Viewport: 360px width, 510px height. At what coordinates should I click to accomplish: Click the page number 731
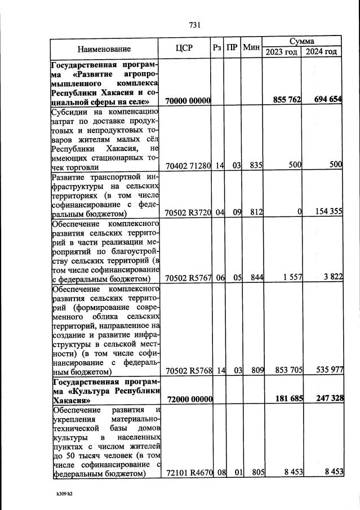[x=195, y=25]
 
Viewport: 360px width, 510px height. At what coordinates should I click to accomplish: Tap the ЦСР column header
[x=184, y=48]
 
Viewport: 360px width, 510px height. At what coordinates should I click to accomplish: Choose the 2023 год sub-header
[x=282, y=52]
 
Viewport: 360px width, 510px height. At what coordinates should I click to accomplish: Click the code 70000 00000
[x=188, y=101]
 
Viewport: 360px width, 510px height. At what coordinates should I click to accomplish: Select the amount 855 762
[x=287, y=100]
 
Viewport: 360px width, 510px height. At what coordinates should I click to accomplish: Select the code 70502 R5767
[x=188, y=278]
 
